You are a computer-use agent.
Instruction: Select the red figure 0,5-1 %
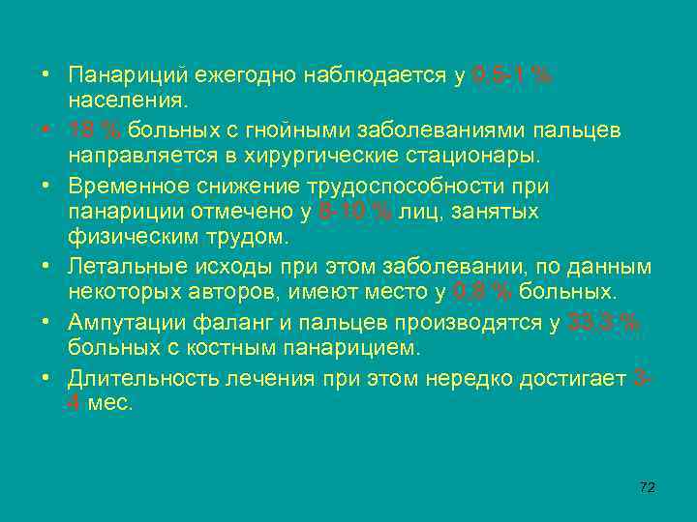(512, 75)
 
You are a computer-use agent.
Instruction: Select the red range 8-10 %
(357, 210)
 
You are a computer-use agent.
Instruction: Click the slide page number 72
(648, 487)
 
